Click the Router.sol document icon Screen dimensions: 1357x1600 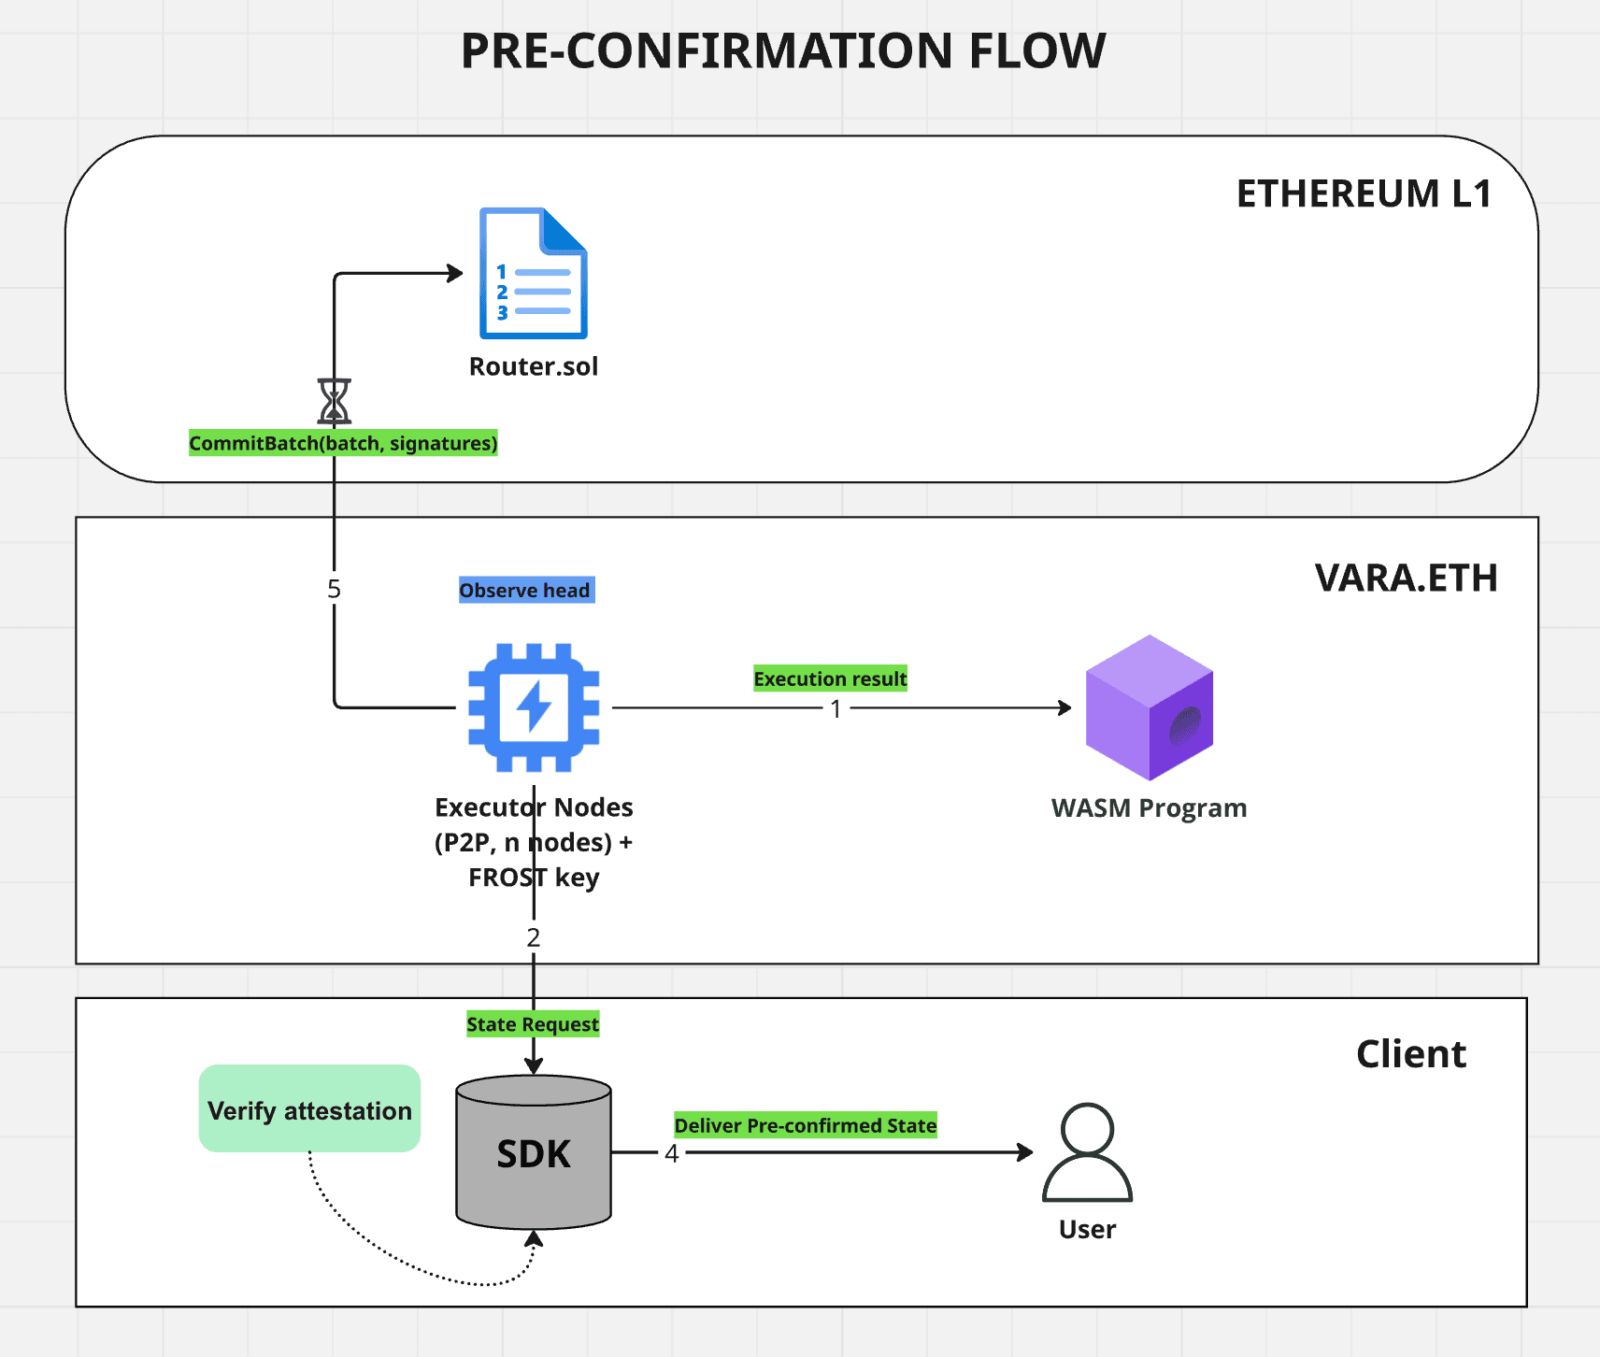(533, 273)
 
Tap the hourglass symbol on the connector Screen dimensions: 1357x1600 (335, 401)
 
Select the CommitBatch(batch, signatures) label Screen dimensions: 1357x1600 (343, 443)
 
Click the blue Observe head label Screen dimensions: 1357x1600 (525, 591)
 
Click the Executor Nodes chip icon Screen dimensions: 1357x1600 (534, 707)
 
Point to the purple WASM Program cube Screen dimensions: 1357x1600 (1149, 707)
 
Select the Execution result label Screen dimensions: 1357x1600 (830, 678)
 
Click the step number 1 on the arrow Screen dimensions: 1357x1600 (836, 709)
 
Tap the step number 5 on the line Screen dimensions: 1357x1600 (334, 589)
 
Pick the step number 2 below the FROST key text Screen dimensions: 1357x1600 (534, 937)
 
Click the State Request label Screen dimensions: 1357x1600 (533, 1024)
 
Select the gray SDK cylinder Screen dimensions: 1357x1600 (534, 1152)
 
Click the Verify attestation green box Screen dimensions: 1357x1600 (309, 1109)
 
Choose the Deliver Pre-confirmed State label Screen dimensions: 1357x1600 (806, 1125)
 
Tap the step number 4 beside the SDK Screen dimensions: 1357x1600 (671, 1154)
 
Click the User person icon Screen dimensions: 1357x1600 (1087, 1153)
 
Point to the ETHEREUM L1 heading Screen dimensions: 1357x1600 (1363, 193)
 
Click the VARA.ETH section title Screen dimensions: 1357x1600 (1406, 578)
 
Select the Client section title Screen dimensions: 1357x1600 (1410, 1054)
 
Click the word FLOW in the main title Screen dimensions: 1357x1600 (1037, 51)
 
